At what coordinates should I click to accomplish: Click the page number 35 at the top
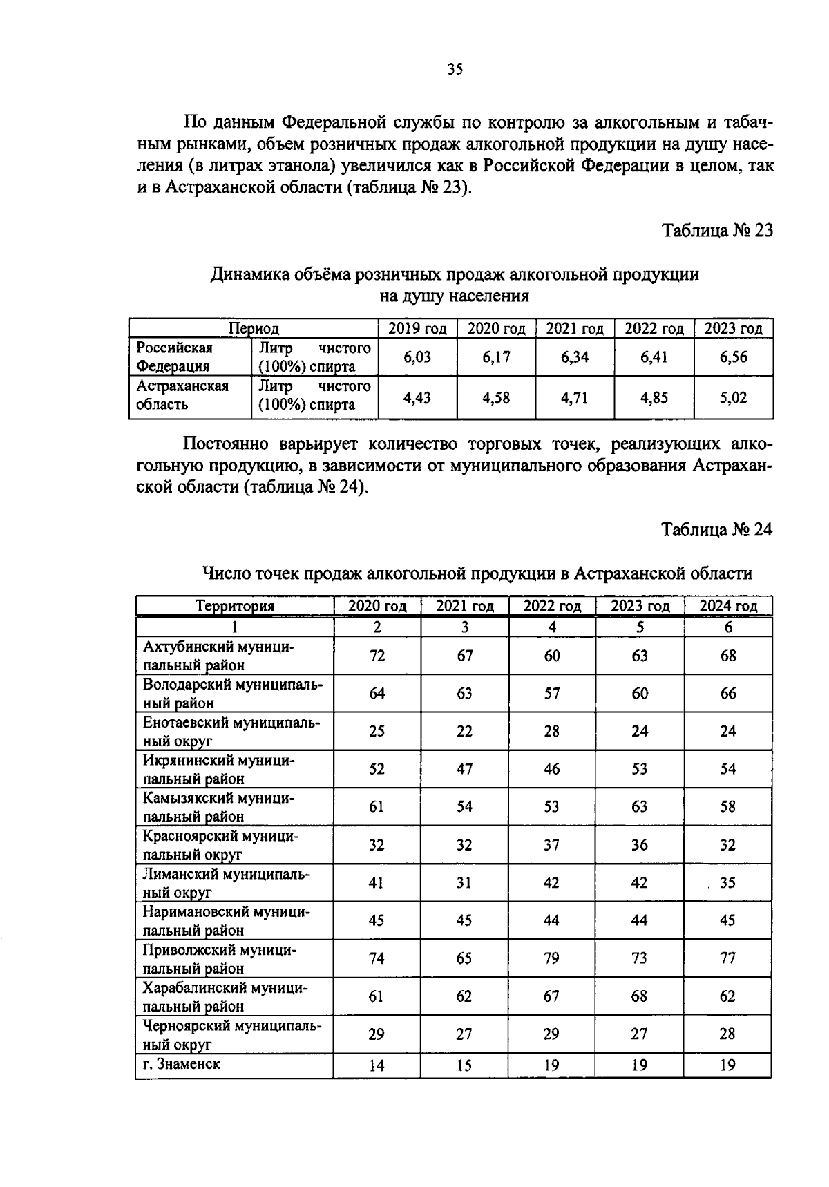tap(455, 68)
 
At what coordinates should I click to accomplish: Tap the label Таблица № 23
tap(717, 230)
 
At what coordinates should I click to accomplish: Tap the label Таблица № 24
tap(717, 529)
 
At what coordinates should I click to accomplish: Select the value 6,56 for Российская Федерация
tap(733, 357)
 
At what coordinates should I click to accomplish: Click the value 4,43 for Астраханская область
tap(417, 397)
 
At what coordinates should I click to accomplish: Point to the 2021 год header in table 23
tap(575, 329)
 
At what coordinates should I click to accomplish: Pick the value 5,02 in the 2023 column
tap(733, 397)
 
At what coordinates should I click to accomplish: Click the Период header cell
tap(254, 329)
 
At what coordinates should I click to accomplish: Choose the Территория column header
tap(235, 606)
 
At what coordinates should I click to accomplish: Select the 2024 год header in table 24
tap(728, 606)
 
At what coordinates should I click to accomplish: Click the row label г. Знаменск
tap(182, 1064)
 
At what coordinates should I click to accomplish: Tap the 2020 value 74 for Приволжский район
tap(377, 958)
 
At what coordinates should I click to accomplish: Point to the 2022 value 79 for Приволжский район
tap(551, 958)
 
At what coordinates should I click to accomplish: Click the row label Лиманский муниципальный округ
tap(226, 883)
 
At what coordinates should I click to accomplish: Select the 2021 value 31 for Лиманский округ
tap(464, 883)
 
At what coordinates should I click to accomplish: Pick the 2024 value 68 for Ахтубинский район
tap(728, 656)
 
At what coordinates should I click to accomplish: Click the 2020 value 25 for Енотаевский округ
tap(377, 731)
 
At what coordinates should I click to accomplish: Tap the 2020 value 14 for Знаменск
tap(377, 1065)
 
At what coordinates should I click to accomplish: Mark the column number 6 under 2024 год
tap(728, 627)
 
